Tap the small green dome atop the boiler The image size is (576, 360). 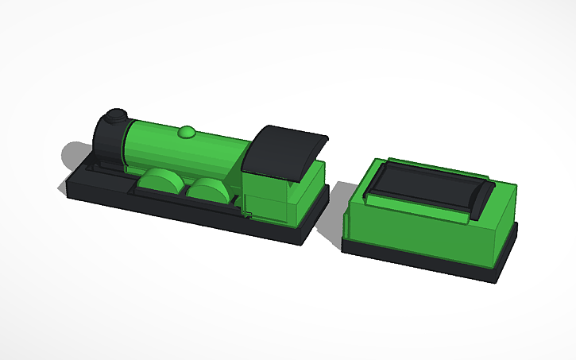pos(187,131)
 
